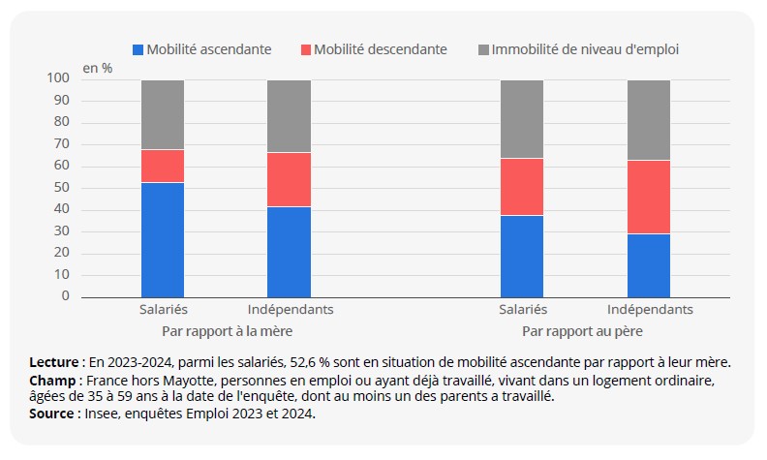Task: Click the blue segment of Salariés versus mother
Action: [x=163, y=239]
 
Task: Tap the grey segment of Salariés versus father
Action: [x=522, y=119]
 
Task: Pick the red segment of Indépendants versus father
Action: [x=649, y=197]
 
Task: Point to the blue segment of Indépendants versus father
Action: [x=649, y=265]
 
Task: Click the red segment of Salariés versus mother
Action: [x=163, y=166]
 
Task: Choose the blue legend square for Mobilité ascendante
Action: [x=138, y=49]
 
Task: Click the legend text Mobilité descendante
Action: [x=381, y=49]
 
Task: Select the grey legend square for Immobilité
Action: [x=484, y=49]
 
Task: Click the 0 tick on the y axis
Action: [x=65, y=296]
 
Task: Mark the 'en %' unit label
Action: [x=97, y=68]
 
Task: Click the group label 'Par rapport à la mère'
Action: [x=226, y=330]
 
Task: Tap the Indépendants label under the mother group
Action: [x=291, y=310]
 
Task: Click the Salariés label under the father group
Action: [x=523, y=310]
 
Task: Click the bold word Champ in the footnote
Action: [x=53, y=381]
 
